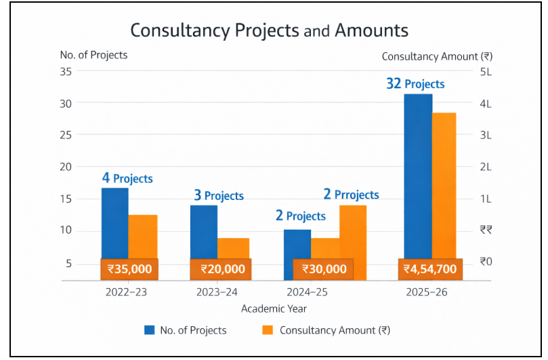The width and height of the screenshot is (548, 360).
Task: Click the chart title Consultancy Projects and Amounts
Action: click(x=269, y=31)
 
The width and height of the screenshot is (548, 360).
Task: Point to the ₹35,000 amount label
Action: click(x=129, y=269)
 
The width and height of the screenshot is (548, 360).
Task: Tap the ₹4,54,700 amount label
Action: click(x=430, y=269)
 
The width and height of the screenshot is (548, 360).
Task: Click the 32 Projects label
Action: click(x=415, y=84)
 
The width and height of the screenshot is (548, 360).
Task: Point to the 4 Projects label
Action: click(x=127, y=179)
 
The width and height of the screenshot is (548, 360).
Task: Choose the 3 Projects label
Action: click(x=219, y=196)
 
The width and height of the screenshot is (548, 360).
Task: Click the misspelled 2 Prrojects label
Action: click(x=351, y=195)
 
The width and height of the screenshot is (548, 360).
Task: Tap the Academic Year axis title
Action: click(x=274, y=308)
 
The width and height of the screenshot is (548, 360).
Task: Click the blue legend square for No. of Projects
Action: click(x=150, y=330)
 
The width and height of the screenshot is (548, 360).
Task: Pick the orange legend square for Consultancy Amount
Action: click(x=267, y=330)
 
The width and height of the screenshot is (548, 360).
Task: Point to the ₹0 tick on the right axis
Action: click(x=485, y=262)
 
